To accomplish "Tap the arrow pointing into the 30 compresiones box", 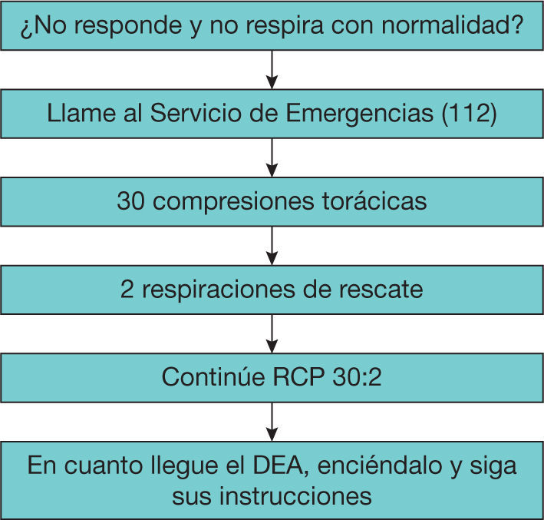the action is point(272,158).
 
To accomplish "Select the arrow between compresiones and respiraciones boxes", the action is point(272,246).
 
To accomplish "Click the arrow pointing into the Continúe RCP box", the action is point(272,333).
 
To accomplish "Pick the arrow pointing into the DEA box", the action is point(272,421).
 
